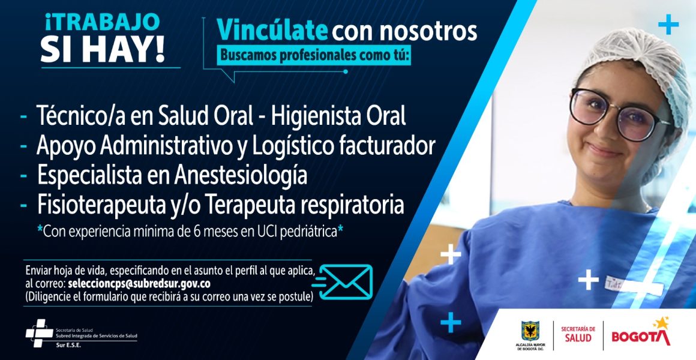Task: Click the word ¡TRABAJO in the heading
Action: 102,23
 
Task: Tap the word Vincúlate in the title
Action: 272,31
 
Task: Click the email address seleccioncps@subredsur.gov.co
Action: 139,283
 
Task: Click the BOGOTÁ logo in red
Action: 641,334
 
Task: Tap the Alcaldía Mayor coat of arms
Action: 530,331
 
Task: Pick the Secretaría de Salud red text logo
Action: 578,334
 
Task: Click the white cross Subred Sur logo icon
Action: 39,332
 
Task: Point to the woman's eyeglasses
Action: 619,114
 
